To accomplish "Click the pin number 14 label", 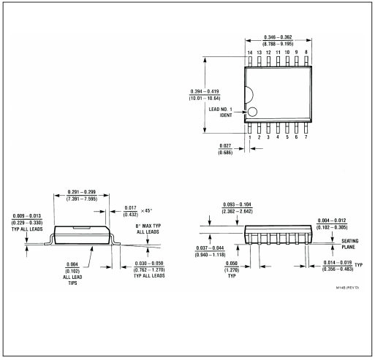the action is (x=250, y=53).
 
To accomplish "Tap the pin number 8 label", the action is (x=306, y=52).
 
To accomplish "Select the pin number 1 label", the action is (x=250, y=137).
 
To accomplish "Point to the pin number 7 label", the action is (x=306, y=137).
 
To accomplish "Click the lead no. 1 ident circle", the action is (x=252, y=112).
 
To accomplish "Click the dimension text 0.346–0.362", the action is (x=278, y=37).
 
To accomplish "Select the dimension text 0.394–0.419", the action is (x=205, y=91).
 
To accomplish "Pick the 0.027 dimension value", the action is (x=225, y=146).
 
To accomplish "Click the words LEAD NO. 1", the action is (x=221, y=110).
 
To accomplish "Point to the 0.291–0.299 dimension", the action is (x=82, y=192).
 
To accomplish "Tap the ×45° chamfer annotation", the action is (x=146, y=210).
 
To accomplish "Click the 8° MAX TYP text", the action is (x=148, y=226).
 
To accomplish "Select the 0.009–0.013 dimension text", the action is (x=27, y=216).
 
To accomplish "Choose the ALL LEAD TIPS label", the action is (x=72, y=280).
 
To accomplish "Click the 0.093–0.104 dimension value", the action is (x=238, y=204).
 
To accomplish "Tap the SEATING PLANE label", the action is (x=350, y=244).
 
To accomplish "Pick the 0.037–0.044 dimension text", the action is (x=210, y=248).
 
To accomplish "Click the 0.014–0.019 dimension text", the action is (x=338, y=263).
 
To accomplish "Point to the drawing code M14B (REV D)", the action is (x=347, y=288).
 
